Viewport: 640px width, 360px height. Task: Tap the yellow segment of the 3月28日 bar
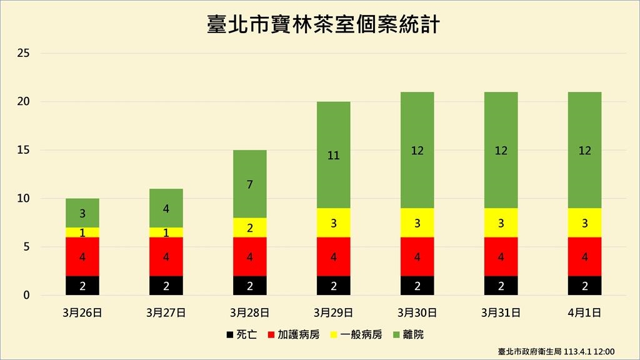(250, 227)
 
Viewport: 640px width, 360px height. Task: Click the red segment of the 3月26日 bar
(82, 256)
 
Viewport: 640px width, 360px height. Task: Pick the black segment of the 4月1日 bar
(584, 286)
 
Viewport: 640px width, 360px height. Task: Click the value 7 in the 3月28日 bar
(250, 184)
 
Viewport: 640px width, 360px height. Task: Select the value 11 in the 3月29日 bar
(333, 156)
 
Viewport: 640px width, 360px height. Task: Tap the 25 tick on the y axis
(24, 54)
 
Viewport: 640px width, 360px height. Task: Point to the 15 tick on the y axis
(24, 151)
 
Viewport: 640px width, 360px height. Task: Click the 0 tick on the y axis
(26, 296)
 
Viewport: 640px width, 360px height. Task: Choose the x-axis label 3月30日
(417, 311)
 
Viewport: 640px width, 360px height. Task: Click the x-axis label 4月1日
(584, 311)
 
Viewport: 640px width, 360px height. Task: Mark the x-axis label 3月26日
(82, 311)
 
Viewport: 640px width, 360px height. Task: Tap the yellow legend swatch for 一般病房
(332, 335)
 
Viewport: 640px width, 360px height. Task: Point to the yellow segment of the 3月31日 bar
(501, 222)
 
